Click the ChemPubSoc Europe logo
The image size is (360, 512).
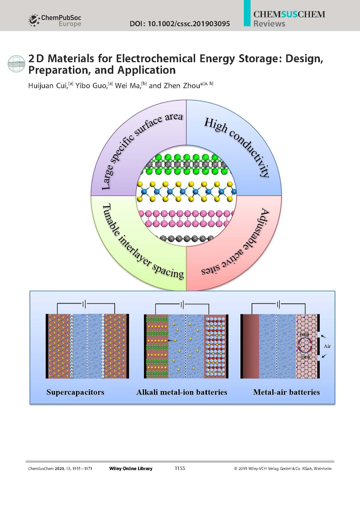(x=55, y=20)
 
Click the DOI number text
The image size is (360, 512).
(x=180, y=24)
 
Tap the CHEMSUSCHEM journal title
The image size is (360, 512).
(x=289, y=14)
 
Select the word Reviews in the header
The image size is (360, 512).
(x=269, y=24)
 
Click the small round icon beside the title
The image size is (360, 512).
(x=16, y=63)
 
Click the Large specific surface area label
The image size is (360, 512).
(x=141, y=150)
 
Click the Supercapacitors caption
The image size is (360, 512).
(x=75, y=392)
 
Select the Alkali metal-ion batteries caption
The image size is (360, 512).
(x=182, y=392)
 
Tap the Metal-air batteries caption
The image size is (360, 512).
(x=286, y=392)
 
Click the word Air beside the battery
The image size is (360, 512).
(x=327, y=346)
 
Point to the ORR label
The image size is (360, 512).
(x=304, y=335)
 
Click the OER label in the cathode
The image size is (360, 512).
(x=306, y=357)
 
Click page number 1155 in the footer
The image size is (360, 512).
(x=180, y=468)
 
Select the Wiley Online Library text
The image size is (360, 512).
(x=131, y=469)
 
